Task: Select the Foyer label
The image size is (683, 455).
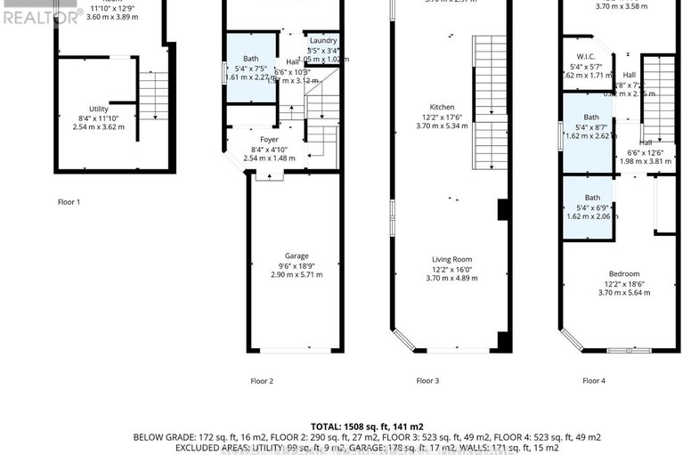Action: click(x=269, y=140)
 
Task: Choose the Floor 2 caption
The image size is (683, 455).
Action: click(x=262, y=381)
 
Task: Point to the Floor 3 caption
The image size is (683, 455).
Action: click(x=427, y=381)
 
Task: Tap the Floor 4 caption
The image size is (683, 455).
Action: click(x=594, y=381)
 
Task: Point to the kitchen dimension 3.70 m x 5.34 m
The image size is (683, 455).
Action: click(x=450, y=126)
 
